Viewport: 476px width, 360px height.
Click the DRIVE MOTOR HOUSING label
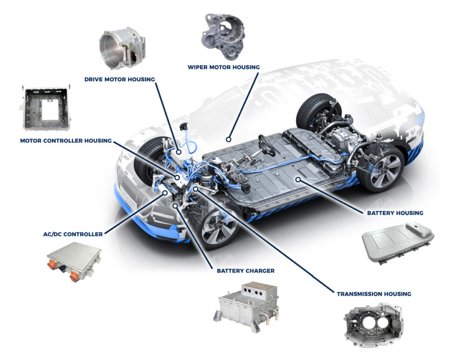(x=119, y=80)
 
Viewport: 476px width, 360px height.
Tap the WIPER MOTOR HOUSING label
(x=224, y=67)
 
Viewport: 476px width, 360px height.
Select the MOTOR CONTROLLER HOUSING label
(x=66, y=140)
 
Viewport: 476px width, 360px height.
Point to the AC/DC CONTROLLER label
(x=73, y=234)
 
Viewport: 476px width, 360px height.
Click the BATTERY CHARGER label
(x=245, y=271)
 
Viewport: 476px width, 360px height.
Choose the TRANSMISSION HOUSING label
(x=374, y=294)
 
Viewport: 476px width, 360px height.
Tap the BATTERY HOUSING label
(x=395, y=213)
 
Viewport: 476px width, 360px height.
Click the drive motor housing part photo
(x=122, y=49)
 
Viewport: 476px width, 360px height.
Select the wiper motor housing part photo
(x=223, y=36)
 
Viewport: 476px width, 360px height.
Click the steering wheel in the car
(x=267, y=145)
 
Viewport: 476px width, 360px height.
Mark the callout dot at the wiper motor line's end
(x=228, y=140)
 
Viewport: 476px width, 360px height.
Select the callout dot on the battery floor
(x=298, y=180)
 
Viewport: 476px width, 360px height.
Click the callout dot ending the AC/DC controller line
(x=165, y=193)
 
